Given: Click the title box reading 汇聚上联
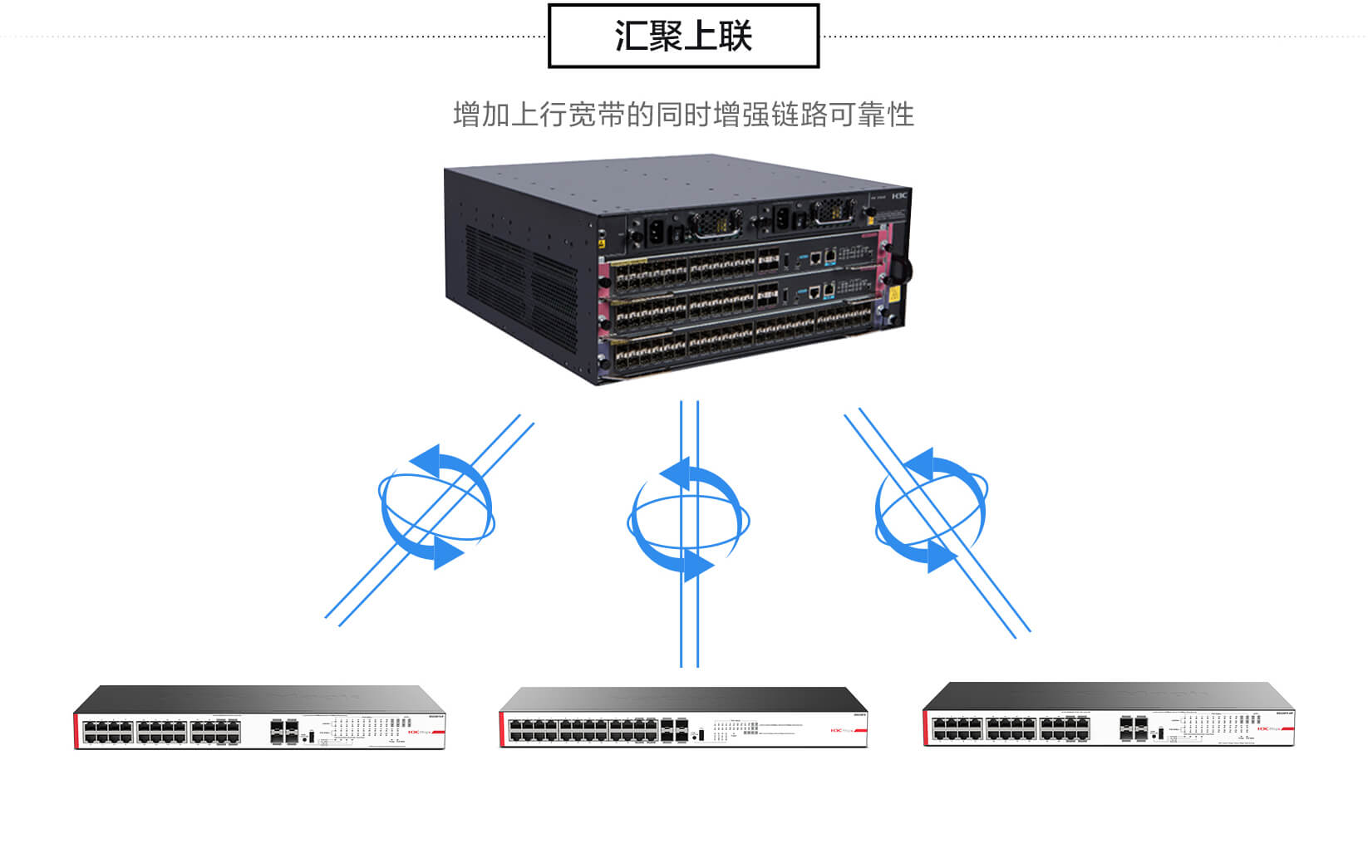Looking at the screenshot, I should pos(683,36).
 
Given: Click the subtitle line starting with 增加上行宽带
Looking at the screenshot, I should pos(683,115).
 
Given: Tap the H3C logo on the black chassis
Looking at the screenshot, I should pos(901,196).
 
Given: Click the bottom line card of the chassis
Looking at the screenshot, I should pos(740,342).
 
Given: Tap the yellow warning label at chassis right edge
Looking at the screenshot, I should pos(895,294).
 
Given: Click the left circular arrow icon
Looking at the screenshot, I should pos(436,507).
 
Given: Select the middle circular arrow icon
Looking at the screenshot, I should pos(687,520).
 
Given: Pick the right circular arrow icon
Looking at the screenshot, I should pos(931,509).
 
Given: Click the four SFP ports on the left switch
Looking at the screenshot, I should pos(283,731).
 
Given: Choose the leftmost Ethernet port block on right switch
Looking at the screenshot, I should pos(957,729).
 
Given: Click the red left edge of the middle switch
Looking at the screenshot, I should pos(502,729).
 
